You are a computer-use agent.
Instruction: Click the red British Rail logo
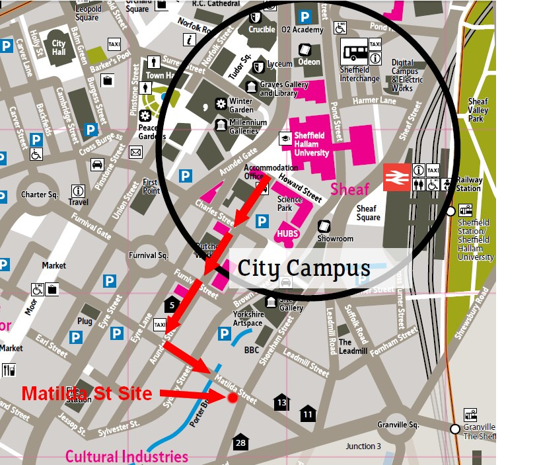[396, 177]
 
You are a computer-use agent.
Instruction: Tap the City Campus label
[303, 268]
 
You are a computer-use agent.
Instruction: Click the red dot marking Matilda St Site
[233, 398]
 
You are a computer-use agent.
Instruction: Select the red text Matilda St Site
[87, 394]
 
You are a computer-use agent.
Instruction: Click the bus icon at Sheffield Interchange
[354, 52]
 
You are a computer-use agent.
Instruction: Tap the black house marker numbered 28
[240, 443]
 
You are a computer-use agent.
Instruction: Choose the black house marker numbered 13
[282, 402]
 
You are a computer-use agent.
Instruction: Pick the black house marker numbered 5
[172, 305]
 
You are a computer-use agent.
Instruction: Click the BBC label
[252, 350]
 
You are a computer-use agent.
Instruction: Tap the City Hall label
[58, 48]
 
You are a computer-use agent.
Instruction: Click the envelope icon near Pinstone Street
[136, 153]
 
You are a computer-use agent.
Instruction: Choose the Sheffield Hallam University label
[311, 144]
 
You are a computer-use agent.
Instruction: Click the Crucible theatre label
[262, 30]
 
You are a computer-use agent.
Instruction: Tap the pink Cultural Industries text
[126, 456]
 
